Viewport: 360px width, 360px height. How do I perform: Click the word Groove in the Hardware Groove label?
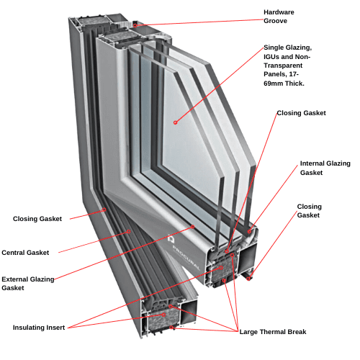click(275, 21)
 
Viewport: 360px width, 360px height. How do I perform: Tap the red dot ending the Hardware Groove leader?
click(135, 25)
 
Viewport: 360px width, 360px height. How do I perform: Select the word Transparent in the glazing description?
click(283, 66)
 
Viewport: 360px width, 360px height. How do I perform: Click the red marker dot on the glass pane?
click(176, 122)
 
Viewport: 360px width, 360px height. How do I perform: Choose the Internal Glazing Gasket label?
click(325, 168)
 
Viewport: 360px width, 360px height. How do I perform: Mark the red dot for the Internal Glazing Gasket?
click(249, 231)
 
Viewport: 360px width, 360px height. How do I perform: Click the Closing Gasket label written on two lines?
click(309, 211)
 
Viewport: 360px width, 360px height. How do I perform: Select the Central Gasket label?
click(25, 253)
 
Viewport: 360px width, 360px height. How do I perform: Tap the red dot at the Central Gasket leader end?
click(129, 231)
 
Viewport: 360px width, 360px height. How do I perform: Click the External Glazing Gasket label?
click(28, 284)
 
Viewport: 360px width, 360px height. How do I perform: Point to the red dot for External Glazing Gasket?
click(193, 227)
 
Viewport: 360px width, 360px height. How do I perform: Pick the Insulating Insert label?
click(39, 328)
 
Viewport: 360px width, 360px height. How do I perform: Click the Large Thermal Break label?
click(273, 332)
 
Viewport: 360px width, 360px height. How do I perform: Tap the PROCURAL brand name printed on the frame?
click(186, 258)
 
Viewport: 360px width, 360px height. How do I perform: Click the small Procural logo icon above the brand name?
click(171, 238)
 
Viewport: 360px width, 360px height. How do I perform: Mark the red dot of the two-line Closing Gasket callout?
click(248, 279)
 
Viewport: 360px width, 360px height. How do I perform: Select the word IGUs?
click(271, 57)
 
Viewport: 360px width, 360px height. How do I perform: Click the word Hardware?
click(279, 12)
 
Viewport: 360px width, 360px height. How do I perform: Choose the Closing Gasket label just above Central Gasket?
click(37, 219)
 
